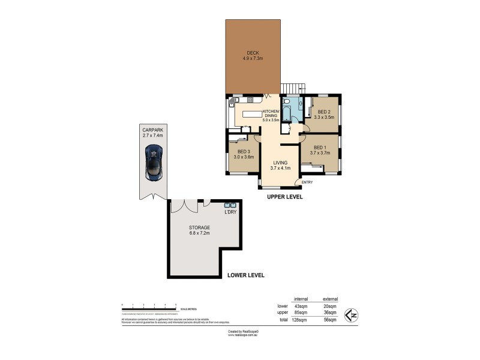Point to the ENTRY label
(x=307, y=182)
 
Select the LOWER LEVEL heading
(x=246, y=275)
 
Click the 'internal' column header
(x=301, y=299)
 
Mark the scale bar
(x=148, y=306)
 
